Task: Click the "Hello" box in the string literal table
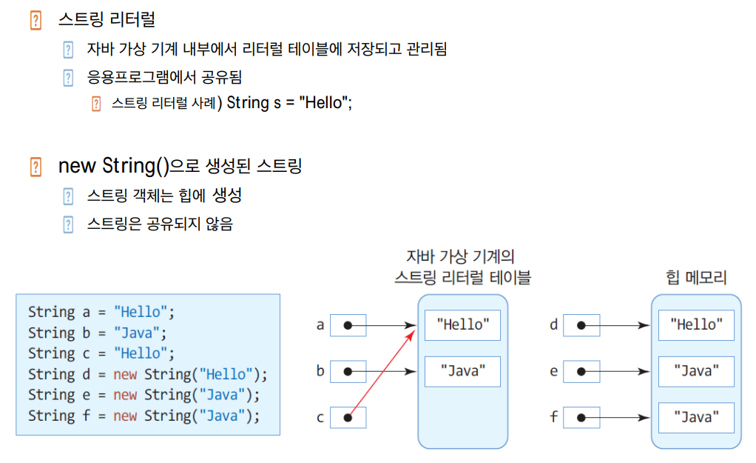coord(462,324)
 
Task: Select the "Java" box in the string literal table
coord(462,371)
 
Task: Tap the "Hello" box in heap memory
coord(696,324)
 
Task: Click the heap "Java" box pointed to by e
coord(696,371)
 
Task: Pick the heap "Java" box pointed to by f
coord(696,418)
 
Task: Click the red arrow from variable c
coord(381,371)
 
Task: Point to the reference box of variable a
coord(348,324)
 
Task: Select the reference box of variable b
coord(348,371)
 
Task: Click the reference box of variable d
coord(581,324)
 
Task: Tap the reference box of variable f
coord(581,418)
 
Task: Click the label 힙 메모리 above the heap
coord(696,278)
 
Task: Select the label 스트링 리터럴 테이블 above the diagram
coord(462,278)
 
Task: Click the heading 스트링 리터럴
coord(107,20)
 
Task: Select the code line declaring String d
coord(148,374)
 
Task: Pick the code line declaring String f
coord(144,416)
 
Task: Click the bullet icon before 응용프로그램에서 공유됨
coord(69,77)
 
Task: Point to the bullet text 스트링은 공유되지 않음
coord(160,224)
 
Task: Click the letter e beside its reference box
coord(553,371)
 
